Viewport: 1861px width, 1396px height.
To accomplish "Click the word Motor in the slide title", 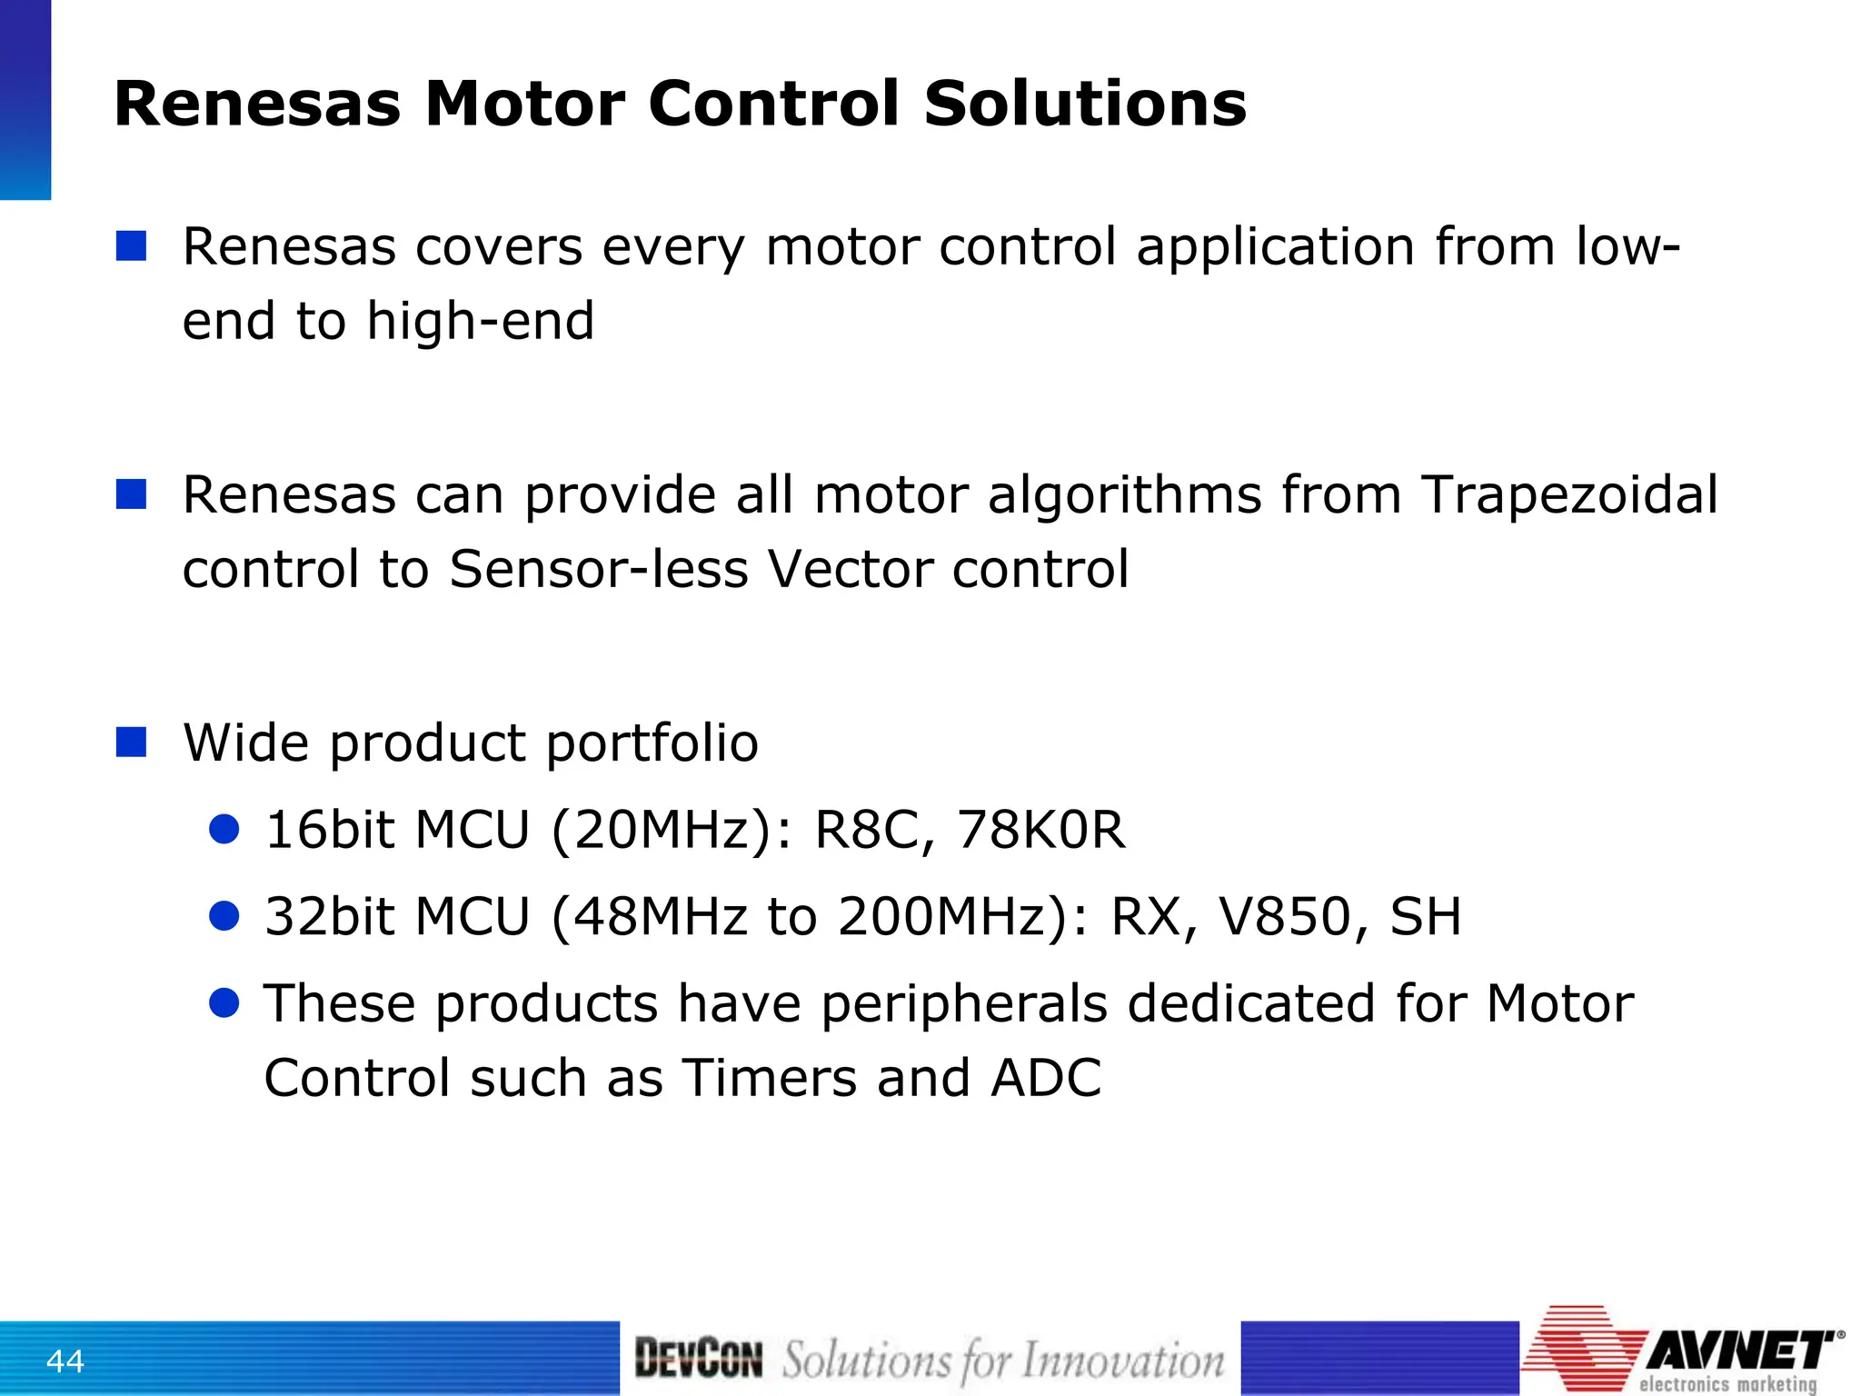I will pyautogui.click(x=526, y=104).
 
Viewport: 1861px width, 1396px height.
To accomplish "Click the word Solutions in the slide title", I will pyautogui.click(x=1085, y=104).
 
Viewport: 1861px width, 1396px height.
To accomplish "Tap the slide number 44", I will pyautogui.click(x=65, y=1361).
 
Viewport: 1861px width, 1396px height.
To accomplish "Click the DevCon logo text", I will pyautogui.click(x=698, y=1359).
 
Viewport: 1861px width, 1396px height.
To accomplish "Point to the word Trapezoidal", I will pyautogui.click(x=1569, y=495).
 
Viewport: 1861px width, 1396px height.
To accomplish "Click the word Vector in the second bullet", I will pyautogui.click(x=850, y=570).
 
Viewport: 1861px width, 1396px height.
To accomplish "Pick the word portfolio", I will pyautogui.click(x=652, y=743).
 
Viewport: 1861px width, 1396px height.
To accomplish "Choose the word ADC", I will pyautogui.click(x=1046, y=1078).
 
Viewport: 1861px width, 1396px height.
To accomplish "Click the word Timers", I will pyautogui.click(x=769, y=1078).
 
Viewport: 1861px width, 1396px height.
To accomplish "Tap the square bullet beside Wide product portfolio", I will pyautogui.click(x=132, y=742).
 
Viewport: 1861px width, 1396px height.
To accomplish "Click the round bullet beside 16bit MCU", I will pyautogui.click(x=224, y=829).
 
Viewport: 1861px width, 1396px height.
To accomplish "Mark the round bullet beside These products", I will pyautogui.click(x=224, y=1002).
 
